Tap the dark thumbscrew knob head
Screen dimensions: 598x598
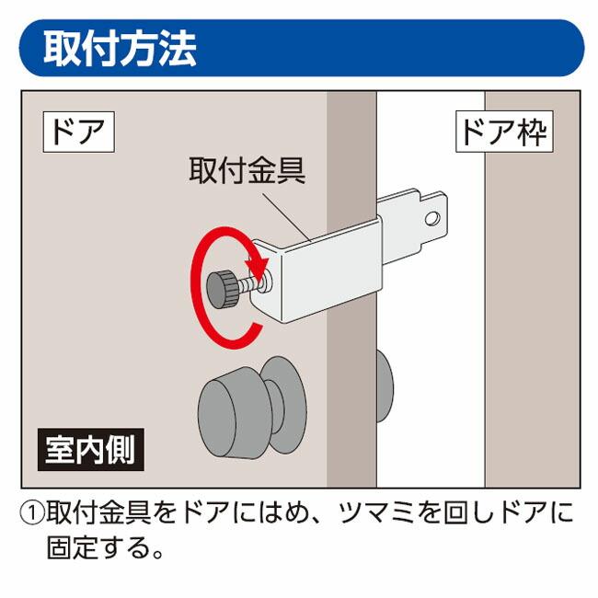click(x=222, y=289)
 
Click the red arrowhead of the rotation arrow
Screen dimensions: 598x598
click(x=259, y=268)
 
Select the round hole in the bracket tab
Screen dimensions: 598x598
click(x=431, y=219)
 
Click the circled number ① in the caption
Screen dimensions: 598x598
click(x=32, y=512)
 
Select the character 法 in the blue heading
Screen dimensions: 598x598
click(x=177, y=48)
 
